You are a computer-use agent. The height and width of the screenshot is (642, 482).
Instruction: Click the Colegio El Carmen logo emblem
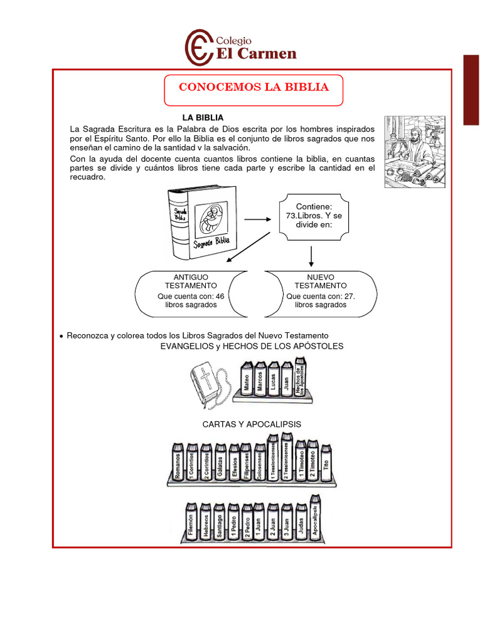coord(199,47)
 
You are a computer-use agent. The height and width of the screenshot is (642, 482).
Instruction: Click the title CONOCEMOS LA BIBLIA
coord(254,87)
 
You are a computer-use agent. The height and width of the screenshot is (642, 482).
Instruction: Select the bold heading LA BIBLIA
coord(203,118)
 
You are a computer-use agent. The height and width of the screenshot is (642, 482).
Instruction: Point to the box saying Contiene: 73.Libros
coord(313,216)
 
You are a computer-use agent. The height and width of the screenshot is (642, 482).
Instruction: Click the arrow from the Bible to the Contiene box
coord(257,219)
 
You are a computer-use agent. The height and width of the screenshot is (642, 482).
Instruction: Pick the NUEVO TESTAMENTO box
coord(321,293)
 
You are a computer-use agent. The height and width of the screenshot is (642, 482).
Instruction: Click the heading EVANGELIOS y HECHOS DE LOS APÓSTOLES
coord(252,346)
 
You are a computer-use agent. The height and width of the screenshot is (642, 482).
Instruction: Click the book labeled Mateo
coord(246,379)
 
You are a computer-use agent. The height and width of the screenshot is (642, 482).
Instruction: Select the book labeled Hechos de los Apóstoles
coord(302,377)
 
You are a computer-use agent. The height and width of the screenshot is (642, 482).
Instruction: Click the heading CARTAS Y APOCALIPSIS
coord(252,424)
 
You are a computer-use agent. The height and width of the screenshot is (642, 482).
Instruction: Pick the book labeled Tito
coord(326,461)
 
